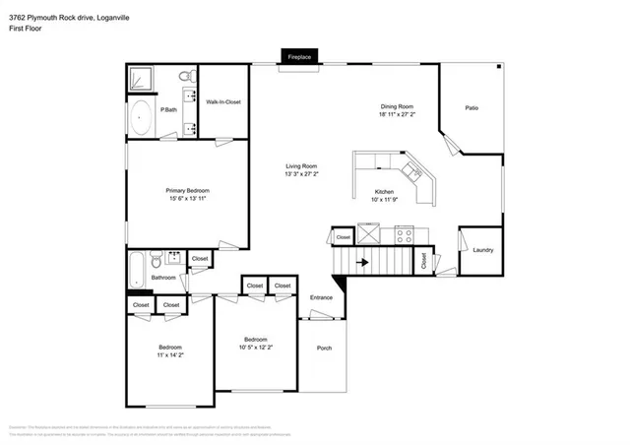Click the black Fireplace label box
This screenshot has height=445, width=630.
(299, 58)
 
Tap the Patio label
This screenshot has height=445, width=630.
(472, 108)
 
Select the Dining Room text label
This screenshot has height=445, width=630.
(397, 106)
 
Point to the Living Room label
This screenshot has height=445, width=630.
(301, 165)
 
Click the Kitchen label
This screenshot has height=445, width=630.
(384, 192)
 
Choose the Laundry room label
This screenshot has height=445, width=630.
(482, 249)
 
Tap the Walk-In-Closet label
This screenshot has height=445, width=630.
(222, 101)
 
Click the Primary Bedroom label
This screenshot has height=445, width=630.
(186, 190)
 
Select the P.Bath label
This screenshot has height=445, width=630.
(169, 109)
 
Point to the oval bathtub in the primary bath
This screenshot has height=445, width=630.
(143, 119)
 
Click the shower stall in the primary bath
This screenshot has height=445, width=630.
(143, 79)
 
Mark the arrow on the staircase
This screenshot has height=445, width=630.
(361, 263)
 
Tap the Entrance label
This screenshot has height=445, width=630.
(322, 297)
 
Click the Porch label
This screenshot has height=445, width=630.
(324, 349)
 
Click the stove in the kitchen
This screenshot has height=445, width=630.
(404, 234)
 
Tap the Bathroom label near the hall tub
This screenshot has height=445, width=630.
(163, 278)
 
